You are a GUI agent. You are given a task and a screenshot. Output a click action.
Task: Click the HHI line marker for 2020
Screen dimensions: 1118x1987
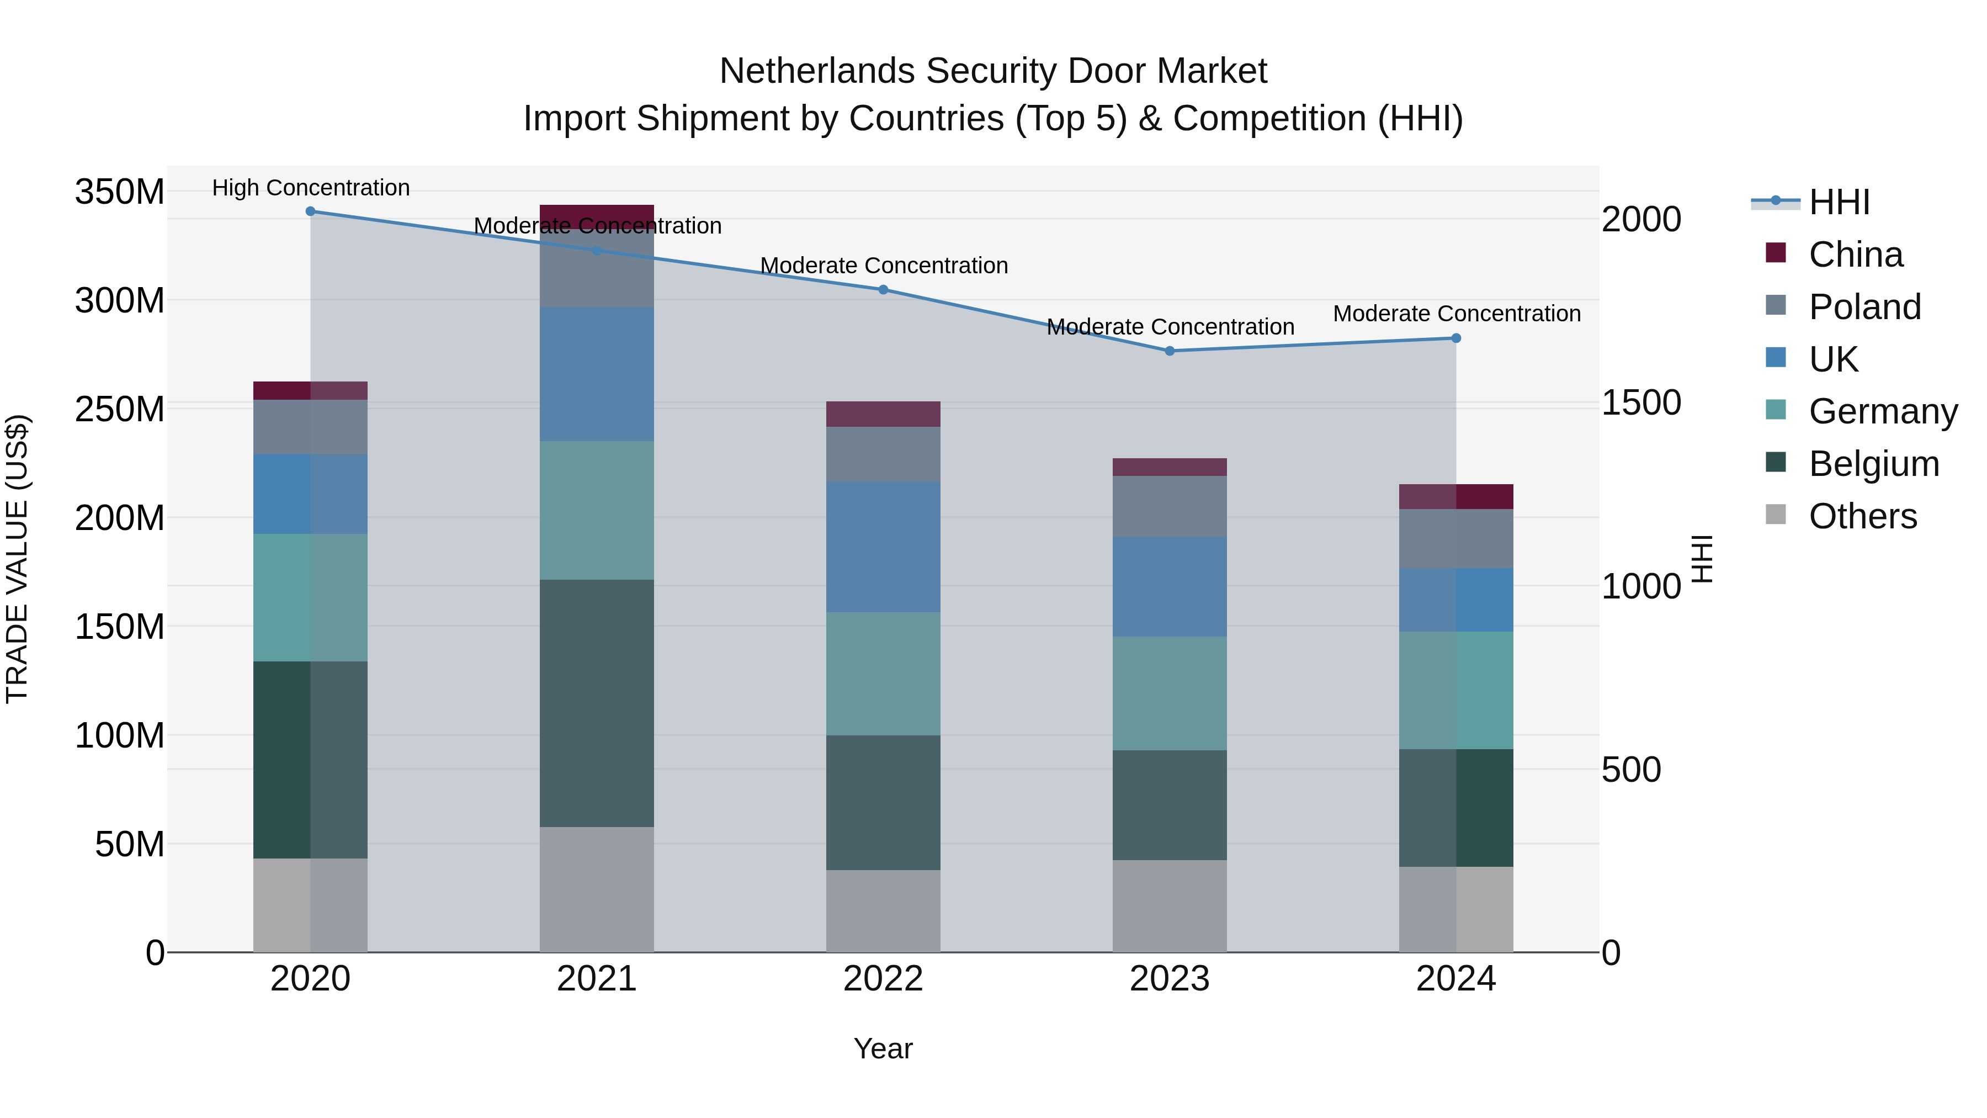[x=310, y=211]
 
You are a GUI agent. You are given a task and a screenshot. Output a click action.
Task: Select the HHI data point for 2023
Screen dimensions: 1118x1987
[x=1170, y=351]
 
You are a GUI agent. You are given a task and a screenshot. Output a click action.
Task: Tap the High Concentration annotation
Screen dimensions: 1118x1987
[x=311, y=188]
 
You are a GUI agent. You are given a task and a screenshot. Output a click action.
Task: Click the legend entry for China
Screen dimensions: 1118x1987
[x=1855, y=255]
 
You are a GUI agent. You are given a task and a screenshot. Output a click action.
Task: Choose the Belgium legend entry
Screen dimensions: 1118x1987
[x=1873, y=464]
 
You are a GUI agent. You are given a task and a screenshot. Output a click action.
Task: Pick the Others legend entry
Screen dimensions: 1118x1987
[x=1862, y=516]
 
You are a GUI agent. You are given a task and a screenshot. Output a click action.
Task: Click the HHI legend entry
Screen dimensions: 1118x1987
[x=1839, y=202]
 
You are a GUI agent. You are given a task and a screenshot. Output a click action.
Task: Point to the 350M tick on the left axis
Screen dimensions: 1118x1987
[x=120, y=192]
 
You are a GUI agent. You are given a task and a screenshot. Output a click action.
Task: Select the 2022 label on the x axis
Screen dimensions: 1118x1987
[x=883, y=979]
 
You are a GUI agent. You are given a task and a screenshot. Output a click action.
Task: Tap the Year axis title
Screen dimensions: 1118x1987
[x=883, y=1048]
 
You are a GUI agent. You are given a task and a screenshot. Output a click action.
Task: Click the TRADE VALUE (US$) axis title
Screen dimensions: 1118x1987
[x=17, y=559]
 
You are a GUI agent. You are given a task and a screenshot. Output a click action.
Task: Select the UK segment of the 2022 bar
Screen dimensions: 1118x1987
[x=883, y=547]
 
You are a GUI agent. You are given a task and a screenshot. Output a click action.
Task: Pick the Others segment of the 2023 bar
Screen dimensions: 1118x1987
[x=1170, y=906]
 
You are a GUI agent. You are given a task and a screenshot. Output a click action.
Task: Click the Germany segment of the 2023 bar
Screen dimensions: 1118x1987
[x=1170, y=693]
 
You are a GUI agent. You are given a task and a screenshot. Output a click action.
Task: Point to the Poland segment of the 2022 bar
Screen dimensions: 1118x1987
[x=883, y=454]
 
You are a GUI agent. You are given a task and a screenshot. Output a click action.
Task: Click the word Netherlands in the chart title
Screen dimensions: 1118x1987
[x=817, y=71]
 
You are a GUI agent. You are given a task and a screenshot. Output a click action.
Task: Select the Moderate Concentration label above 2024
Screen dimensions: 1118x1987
[x=1457, y=314]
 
